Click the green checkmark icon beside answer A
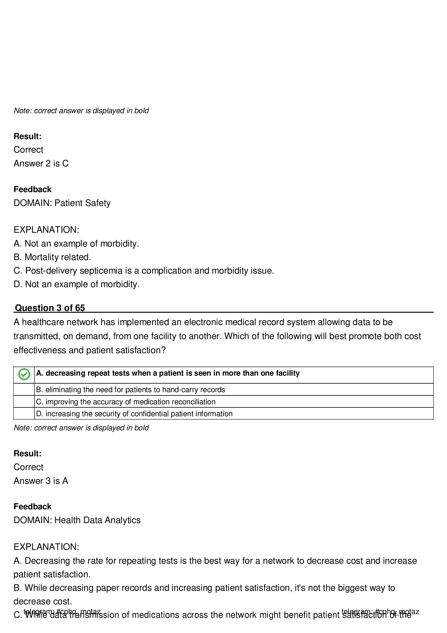24,374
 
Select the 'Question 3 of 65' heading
49,308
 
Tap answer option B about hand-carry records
131,389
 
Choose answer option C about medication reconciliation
125,402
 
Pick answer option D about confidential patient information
134,414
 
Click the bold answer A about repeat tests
168,373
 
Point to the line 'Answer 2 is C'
41,163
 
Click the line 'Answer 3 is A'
41,481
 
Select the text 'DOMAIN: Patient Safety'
62,203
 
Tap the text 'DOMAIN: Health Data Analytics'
77,520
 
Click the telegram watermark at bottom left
62,612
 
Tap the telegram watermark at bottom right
380,612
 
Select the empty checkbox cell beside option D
24,414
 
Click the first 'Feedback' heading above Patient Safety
32,189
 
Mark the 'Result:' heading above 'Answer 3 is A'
28,454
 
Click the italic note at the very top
81,111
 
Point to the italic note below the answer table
81,428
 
